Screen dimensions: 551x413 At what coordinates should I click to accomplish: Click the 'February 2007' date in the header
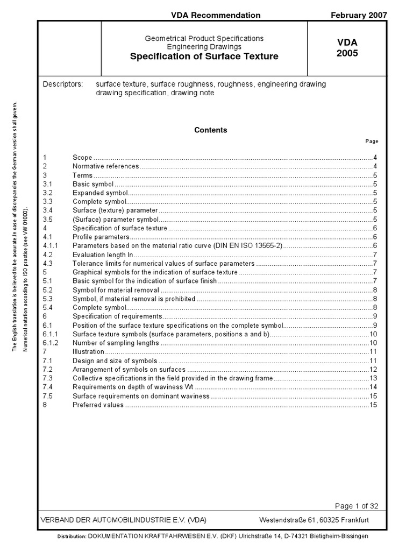coord(359,15)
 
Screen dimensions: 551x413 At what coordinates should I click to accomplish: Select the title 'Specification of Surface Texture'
coord(204,56)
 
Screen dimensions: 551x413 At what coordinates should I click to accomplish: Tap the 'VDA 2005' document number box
coord(347,48)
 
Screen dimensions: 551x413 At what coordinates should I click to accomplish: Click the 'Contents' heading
coord(210,130)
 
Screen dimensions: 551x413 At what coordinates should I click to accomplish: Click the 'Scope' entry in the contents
coord(82,158)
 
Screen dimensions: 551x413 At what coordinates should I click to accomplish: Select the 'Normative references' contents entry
coord(105,166)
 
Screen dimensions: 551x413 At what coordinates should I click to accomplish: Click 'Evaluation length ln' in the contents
coord(103,255)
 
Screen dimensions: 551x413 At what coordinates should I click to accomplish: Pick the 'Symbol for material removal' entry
coord(116,290)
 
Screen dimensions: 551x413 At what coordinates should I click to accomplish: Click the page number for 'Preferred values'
coord(373,405)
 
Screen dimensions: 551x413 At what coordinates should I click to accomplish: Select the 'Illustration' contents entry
coord(88,351)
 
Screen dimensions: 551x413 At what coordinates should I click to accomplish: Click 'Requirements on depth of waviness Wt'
coord(133,387)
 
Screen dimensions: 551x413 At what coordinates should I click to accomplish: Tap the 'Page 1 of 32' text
coord(357,506)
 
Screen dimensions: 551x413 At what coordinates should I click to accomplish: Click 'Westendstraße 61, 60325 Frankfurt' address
coord(314,520)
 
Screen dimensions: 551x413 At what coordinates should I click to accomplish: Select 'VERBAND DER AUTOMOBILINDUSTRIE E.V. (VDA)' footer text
coord(124,520)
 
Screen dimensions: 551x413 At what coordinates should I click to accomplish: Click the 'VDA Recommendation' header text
coord(216,15)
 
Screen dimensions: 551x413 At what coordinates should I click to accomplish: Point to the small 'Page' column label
coord(372,142)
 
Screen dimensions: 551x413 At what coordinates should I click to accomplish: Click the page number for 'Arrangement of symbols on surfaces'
coord(373,369)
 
